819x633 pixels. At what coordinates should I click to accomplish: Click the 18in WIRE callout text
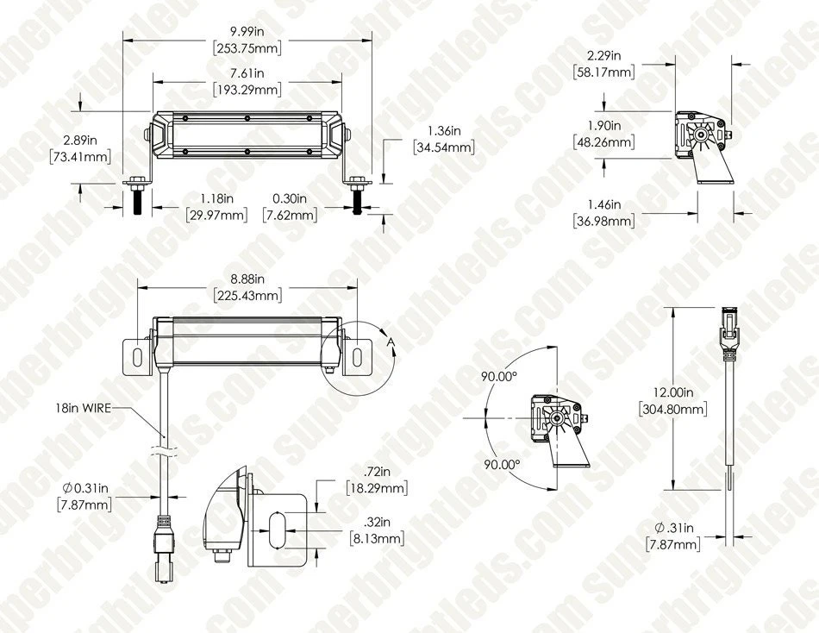click(83, 409)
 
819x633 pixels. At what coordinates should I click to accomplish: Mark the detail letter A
click(391, 343)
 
